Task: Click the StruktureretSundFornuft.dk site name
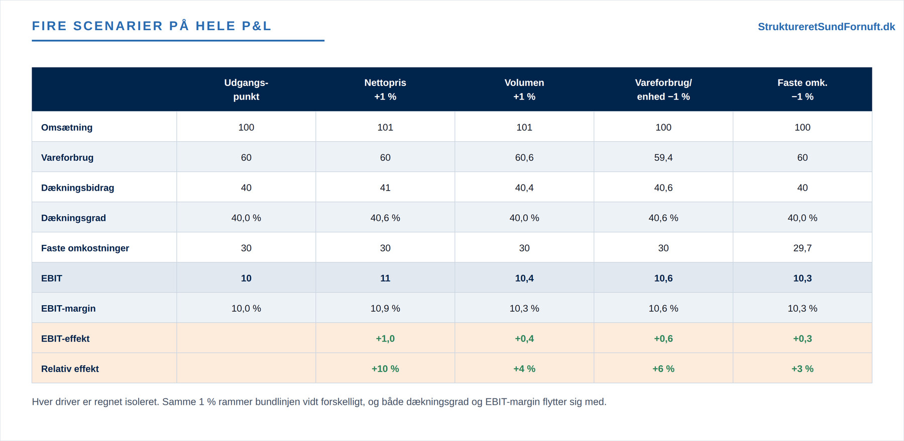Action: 826,27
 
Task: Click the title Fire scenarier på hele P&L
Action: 152,26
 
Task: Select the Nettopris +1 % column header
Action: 385,90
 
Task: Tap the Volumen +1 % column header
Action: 524,90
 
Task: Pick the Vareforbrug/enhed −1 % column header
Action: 663,90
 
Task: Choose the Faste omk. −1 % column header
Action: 803,90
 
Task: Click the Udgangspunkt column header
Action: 246,90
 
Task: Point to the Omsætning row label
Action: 67,127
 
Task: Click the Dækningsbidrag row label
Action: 78,188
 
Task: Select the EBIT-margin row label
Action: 68,308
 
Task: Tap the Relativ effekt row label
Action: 70,369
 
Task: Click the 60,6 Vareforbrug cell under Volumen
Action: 524,157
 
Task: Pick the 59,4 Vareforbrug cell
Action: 663,157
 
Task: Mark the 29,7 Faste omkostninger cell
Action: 803,248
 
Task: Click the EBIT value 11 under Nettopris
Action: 385,278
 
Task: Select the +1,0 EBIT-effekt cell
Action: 385,338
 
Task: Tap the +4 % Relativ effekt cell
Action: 524,369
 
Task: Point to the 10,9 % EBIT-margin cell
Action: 385,308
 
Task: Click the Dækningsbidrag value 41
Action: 385,188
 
